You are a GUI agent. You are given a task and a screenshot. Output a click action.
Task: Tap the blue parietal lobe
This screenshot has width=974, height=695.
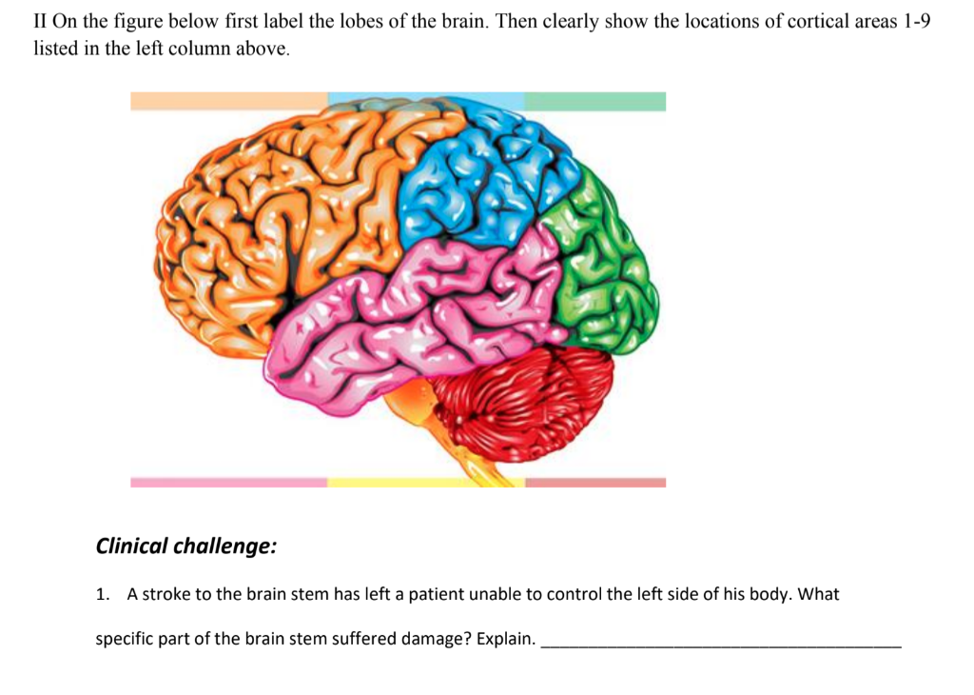[476, 181]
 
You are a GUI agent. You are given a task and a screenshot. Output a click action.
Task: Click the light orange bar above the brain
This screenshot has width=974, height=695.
[228, 101]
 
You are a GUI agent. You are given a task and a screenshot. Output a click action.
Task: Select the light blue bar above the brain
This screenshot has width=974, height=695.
[425, 101]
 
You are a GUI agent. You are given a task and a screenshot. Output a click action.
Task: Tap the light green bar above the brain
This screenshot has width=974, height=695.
[594, 101]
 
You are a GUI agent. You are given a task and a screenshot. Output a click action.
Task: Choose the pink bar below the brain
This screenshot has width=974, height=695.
[228, 483]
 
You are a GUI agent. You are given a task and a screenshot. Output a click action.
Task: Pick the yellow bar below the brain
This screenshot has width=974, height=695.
[425, 483]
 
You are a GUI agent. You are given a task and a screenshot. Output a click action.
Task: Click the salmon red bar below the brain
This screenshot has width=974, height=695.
[594, 483]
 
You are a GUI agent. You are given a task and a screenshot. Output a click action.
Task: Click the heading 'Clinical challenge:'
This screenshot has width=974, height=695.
[186, 546]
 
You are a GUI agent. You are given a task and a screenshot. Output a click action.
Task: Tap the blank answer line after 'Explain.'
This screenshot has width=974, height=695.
[720, 640]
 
